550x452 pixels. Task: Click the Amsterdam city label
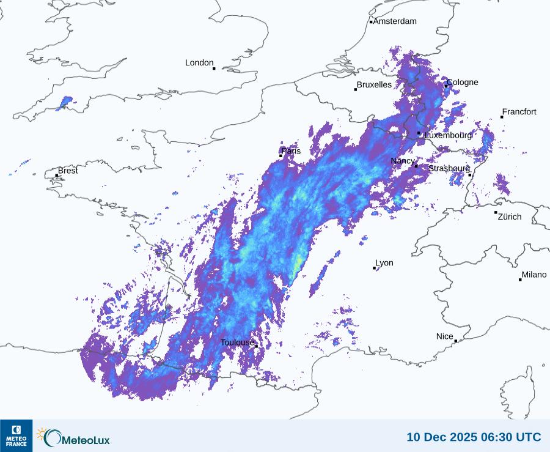click(x=395, y=21)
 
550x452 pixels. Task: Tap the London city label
click(x=199, y=63)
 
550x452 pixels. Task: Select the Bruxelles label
click(x=374, y=85)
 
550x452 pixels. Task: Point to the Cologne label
click(x=463, y=83)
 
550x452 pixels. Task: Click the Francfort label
click(x=519, y=112)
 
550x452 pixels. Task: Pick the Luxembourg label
click(x=448, y=135)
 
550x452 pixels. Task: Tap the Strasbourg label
click(x=449, y=168)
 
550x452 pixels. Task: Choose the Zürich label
click(x=510, y=217)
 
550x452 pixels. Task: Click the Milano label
click(x=534, y=275)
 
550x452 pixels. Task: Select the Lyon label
click(x=384, y=263)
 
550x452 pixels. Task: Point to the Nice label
click(x=445, y=336)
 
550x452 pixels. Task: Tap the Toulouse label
click(x=237, y=343)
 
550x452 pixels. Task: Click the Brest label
click(x=68, y=171)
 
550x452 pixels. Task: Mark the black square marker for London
click(x=214, y=69)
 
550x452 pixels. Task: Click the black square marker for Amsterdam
click(x=371, y=22)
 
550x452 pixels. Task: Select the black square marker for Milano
click(x=520, y=280)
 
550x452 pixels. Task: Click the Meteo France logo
click(x=16, y=435)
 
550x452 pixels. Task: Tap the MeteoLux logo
click(x=73, y=437)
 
